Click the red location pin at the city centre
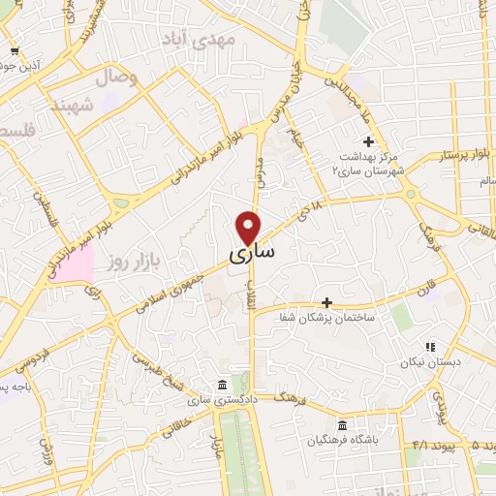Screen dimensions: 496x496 [x=250, y=226]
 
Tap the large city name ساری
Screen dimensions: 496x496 [x=252, y=253]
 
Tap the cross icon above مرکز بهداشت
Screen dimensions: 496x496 [x=368, y=141]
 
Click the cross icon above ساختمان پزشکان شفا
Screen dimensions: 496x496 [x=326, y=302]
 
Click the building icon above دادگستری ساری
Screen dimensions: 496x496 [x=224, y=384]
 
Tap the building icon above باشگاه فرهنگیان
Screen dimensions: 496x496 [x=341, y=425]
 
